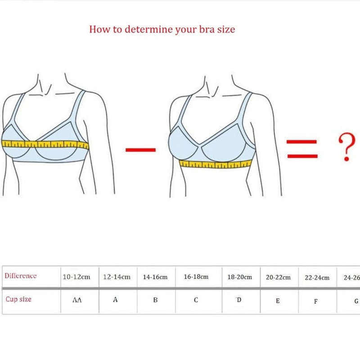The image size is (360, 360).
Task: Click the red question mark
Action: point(346,147)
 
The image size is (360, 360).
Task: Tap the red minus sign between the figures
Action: point(140,150)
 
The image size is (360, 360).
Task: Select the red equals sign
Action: point(302,149)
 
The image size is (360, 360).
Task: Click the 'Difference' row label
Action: point(21,276)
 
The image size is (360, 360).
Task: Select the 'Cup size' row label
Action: point(18,299)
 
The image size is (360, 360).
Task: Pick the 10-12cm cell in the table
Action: point(76,277)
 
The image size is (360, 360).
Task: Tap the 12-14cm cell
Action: point(117,277)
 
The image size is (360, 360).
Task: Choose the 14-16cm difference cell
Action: point(155,277)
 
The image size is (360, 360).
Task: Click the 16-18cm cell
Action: point(196,277)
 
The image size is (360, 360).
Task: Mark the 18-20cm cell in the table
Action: point(240,277)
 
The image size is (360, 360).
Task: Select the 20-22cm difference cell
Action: point(278,277)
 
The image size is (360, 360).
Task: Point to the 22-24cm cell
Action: point(317,278)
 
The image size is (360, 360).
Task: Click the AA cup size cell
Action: point(77,300)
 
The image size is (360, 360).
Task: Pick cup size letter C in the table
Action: point(196,300)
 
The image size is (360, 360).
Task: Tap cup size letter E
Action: point(278,301)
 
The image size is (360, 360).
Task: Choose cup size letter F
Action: point(316,301)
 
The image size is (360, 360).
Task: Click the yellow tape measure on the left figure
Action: point(45,144)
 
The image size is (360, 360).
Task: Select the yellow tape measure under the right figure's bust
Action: point(216,164)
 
